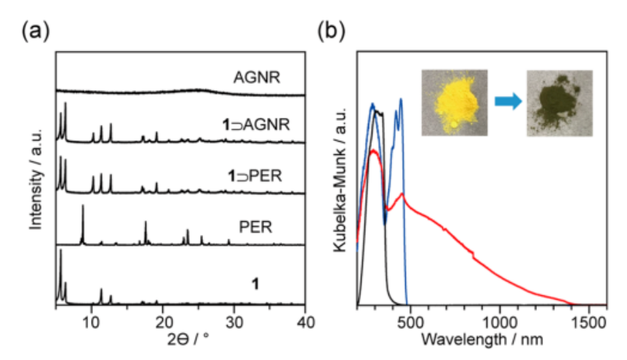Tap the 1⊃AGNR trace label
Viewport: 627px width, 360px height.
(x=256, y=125)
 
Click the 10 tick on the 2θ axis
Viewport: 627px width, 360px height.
(x=90, y=321)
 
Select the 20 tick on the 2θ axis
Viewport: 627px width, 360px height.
(x=162, y=321)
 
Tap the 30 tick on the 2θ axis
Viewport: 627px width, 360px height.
(x=233, y=321)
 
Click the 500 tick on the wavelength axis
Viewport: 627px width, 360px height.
(x=411, y=321)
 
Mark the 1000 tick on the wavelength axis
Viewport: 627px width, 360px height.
(x=500, y=321)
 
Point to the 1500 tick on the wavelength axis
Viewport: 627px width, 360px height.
(x=590, y=321)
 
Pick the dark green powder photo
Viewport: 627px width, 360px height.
(x=559, y=102)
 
